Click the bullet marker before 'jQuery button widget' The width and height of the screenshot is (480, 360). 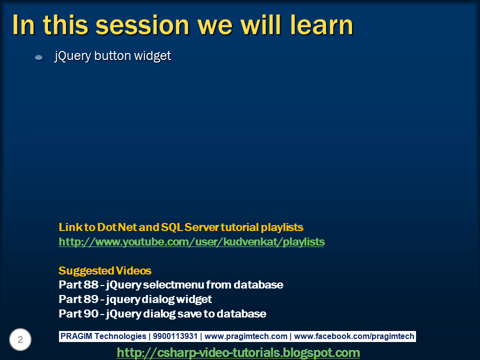point(38,58)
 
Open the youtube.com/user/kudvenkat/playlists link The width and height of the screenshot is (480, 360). point(191,242)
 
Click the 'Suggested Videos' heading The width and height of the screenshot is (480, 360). point(105,271)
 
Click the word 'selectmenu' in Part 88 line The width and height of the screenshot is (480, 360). point(169,285)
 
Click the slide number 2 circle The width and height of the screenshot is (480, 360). point(20,340)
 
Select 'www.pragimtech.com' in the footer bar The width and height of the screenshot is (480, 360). point(246,336)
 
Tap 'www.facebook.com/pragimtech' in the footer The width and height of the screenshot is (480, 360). point(354,336)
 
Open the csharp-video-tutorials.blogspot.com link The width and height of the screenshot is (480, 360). point(238,353)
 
